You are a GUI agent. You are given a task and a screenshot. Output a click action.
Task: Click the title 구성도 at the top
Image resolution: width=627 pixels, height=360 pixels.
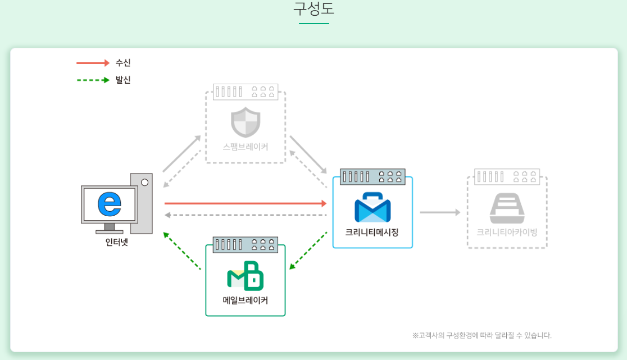pos(313,10)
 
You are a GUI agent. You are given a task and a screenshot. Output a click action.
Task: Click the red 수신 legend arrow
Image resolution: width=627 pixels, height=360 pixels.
pos(93,63)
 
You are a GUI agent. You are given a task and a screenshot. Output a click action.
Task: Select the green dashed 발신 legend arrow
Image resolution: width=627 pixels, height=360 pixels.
pos(93,80)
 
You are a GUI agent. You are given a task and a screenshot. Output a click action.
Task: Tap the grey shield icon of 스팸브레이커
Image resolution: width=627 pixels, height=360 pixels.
pos(246,123)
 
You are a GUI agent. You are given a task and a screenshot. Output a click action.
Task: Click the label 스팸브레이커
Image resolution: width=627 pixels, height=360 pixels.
pos(246,147)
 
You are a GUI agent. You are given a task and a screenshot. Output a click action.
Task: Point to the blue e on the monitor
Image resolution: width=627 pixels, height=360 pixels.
pos(110,204)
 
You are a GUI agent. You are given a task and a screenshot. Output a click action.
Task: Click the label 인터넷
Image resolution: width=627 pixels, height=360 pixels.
pos(117,243)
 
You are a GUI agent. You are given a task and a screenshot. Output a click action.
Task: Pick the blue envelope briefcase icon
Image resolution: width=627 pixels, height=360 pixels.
pos(372,207)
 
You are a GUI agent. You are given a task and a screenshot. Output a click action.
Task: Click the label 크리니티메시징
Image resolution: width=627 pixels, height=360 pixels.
pos(372,231)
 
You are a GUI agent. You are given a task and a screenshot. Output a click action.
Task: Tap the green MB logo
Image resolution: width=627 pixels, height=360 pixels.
pos(246,276)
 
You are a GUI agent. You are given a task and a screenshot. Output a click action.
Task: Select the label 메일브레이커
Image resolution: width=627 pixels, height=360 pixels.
pos(246,300)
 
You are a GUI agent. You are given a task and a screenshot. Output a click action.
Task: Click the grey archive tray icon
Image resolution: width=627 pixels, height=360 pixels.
pos(507,208)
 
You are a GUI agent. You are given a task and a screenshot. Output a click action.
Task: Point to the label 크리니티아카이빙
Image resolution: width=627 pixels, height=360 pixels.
pos(507,231)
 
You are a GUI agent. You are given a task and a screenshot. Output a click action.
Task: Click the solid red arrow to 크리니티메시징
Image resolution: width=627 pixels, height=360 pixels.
pos(246,203)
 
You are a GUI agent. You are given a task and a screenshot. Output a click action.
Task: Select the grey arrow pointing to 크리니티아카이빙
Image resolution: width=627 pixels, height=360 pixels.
pos(440,212)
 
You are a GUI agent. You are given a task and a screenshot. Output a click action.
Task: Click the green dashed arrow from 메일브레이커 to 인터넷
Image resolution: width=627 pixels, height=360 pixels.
pos(181,250)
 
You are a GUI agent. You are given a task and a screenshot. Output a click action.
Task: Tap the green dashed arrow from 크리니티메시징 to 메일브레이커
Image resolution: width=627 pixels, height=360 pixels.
pos(308,250)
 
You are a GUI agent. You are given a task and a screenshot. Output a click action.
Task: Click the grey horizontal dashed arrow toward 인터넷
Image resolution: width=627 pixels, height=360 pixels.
pos(246,215)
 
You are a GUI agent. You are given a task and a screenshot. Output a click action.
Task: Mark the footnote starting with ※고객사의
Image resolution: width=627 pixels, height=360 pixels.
pos(481,335)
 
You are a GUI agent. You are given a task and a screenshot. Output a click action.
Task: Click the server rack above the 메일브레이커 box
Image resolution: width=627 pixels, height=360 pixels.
pos(246,244)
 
